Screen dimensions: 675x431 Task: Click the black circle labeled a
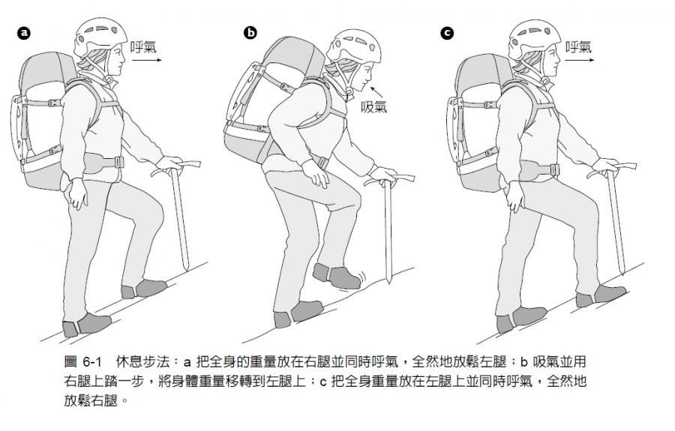pos(24,33)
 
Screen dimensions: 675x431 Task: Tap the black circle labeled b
pos(250,33)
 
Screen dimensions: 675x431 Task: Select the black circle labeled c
pos(447,33)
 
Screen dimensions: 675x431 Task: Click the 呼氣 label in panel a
pos(143,47)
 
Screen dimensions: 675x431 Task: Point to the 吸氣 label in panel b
pos(373,106)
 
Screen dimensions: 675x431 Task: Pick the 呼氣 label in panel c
pos(578,47)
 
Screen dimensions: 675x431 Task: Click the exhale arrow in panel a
pos(147,60)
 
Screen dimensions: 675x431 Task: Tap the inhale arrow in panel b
pos(377,91)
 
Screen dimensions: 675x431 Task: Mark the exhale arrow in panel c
pos(580,60)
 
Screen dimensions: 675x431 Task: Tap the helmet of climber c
pos(534,37)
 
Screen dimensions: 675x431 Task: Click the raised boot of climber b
pos(337,276)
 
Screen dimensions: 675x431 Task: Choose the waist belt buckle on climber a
pos(119,162)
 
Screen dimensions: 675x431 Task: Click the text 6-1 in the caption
pos(91,362)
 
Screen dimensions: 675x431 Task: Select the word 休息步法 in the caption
pos(142,362)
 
